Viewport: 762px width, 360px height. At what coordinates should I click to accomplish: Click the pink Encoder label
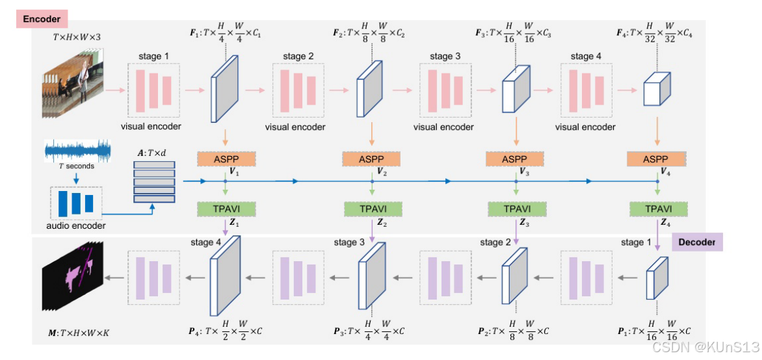point(42,19)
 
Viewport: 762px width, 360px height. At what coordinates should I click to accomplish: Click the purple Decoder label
point(696,242)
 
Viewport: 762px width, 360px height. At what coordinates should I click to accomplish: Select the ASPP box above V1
point(224,159)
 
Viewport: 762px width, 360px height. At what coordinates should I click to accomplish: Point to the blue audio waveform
point(77,150)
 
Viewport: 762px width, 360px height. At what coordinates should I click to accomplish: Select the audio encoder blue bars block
point(76,203)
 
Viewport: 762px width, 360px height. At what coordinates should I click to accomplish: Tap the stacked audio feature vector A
point(154,182)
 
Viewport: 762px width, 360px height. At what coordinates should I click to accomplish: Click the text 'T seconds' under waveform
point(77,166)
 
